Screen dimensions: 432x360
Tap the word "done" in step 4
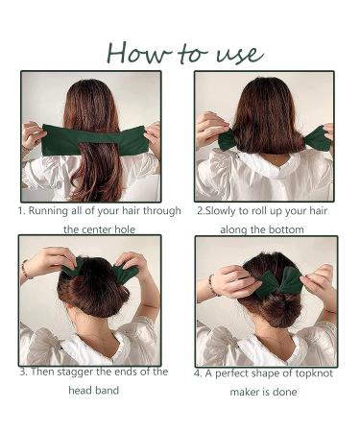[x=286, y=391]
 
